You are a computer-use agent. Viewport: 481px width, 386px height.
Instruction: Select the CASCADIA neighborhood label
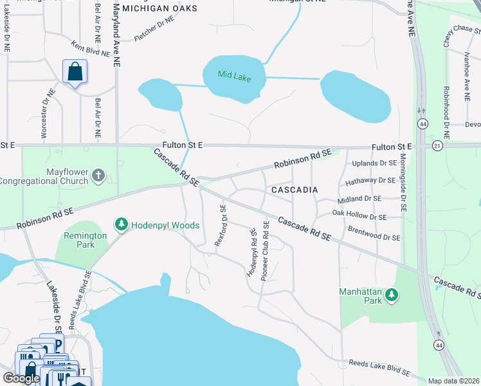[295, 190]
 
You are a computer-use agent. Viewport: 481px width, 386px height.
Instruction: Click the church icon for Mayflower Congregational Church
[98, 176]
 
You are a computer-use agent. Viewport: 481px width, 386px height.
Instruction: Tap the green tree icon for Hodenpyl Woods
[121, 225]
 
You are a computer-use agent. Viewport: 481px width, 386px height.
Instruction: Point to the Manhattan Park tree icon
[392, 296]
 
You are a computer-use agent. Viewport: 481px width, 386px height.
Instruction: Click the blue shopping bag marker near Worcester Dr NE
[75, 72]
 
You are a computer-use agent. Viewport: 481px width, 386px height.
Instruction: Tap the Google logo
[21, 378]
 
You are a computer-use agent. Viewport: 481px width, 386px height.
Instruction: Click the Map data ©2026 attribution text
[454, 381]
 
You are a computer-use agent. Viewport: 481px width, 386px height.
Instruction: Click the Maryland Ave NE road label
[116, 35]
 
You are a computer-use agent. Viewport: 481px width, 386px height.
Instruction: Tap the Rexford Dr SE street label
[220, 225]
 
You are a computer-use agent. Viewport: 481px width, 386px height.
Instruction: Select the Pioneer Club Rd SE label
[265, 255]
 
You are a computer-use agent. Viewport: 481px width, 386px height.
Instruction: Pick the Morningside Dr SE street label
[403, 183]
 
